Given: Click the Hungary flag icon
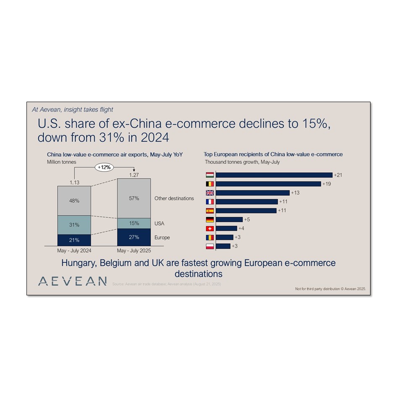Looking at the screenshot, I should click(x=210, y=175).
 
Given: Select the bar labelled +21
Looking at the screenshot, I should click(x=274, y=175).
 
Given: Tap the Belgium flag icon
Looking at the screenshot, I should click(x=210, y=184).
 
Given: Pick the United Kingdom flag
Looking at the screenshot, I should click(x=210, y=193).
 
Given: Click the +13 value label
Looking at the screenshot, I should click(x=295, y=193).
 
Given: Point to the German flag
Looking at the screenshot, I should click(x=210, y=219).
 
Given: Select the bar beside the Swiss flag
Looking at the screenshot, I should click(x=227, y=229).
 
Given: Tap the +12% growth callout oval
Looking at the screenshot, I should click(x=104, y=167).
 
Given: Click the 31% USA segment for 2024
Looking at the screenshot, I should click(x=74, y=225).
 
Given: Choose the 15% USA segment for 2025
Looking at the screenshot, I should click(x=134, y=223).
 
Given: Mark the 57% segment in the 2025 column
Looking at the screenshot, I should click(x=134, y=198).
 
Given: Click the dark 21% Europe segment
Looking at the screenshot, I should click(x=74, y=240).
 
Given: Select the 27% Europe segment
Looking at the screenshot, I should click(x=134, y=237).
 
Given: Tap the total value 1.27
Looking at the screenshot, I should click(x=134, y=175).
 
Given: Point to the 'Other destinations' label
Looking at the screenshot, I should click(x=174, y=198).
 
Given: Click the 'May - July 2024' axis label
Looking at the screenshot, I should click(x=74, y=251).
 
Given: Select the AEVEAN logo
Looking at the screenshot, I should click(x=72, y=281).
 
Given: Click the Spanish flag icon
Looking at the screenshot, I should click(x=210, y=210).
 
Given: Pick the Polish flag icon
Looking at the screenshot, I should click(x=210, y=246).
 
